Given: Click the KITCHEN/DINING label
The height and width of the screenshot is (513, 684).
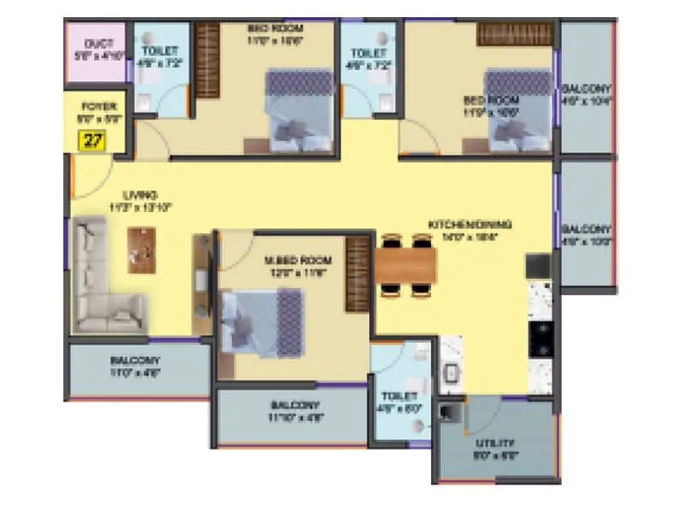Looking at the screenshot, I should tap(469, 225).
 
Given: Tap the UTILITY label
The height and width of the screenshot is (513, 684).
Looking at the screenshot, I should tap(494, 443).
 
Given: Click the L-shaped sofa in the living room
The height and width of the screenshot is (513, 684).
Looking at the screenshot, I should tap(103, 282).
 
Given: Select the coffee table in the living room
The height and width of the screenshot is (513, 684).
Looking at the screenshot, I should tap(142, 250).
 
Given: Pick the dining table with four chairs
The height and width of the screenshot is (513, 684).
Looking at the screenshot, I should tap(405, 266).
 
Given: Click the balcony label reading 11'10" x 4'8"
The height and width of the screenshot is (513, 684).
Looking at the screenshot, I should tap(295, 410).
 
